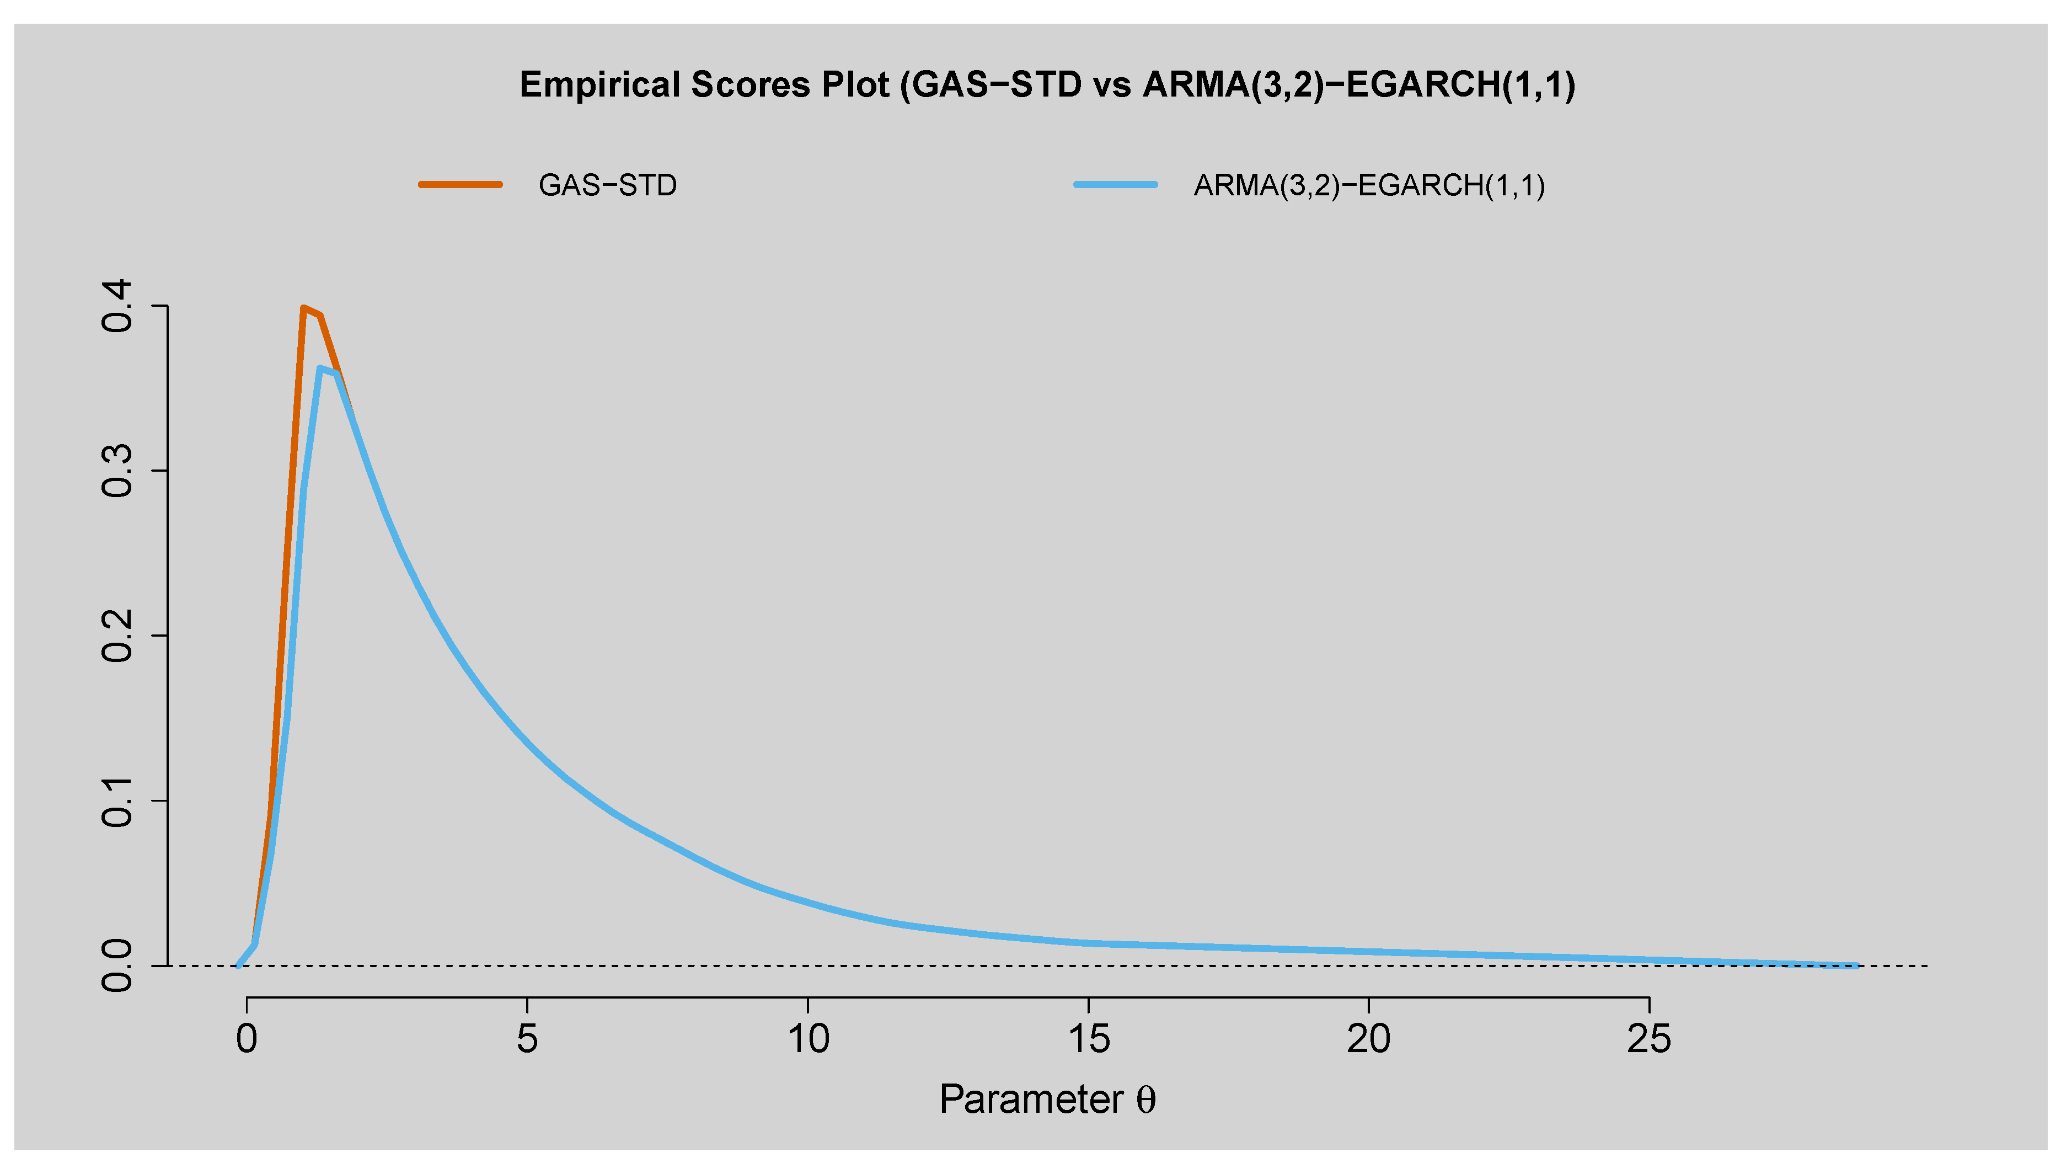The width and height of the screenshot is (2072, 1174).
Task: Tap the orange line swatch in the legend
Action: coord(460,185)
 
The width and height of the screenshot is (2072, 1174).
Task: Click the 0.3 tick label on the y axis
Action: coord(117,471)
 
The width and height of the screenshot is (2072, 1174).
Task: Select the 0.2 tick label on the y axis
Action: coord(117,636)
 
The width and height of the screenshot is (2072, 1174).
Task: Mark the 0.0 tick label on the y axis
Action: coord(117,966)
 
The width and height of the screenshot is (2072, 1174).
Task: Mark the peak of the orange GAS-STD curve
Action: coord(303,308)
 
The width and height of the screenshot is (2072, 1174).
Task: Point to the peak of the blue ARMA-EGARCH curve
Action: coord(320,369)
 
